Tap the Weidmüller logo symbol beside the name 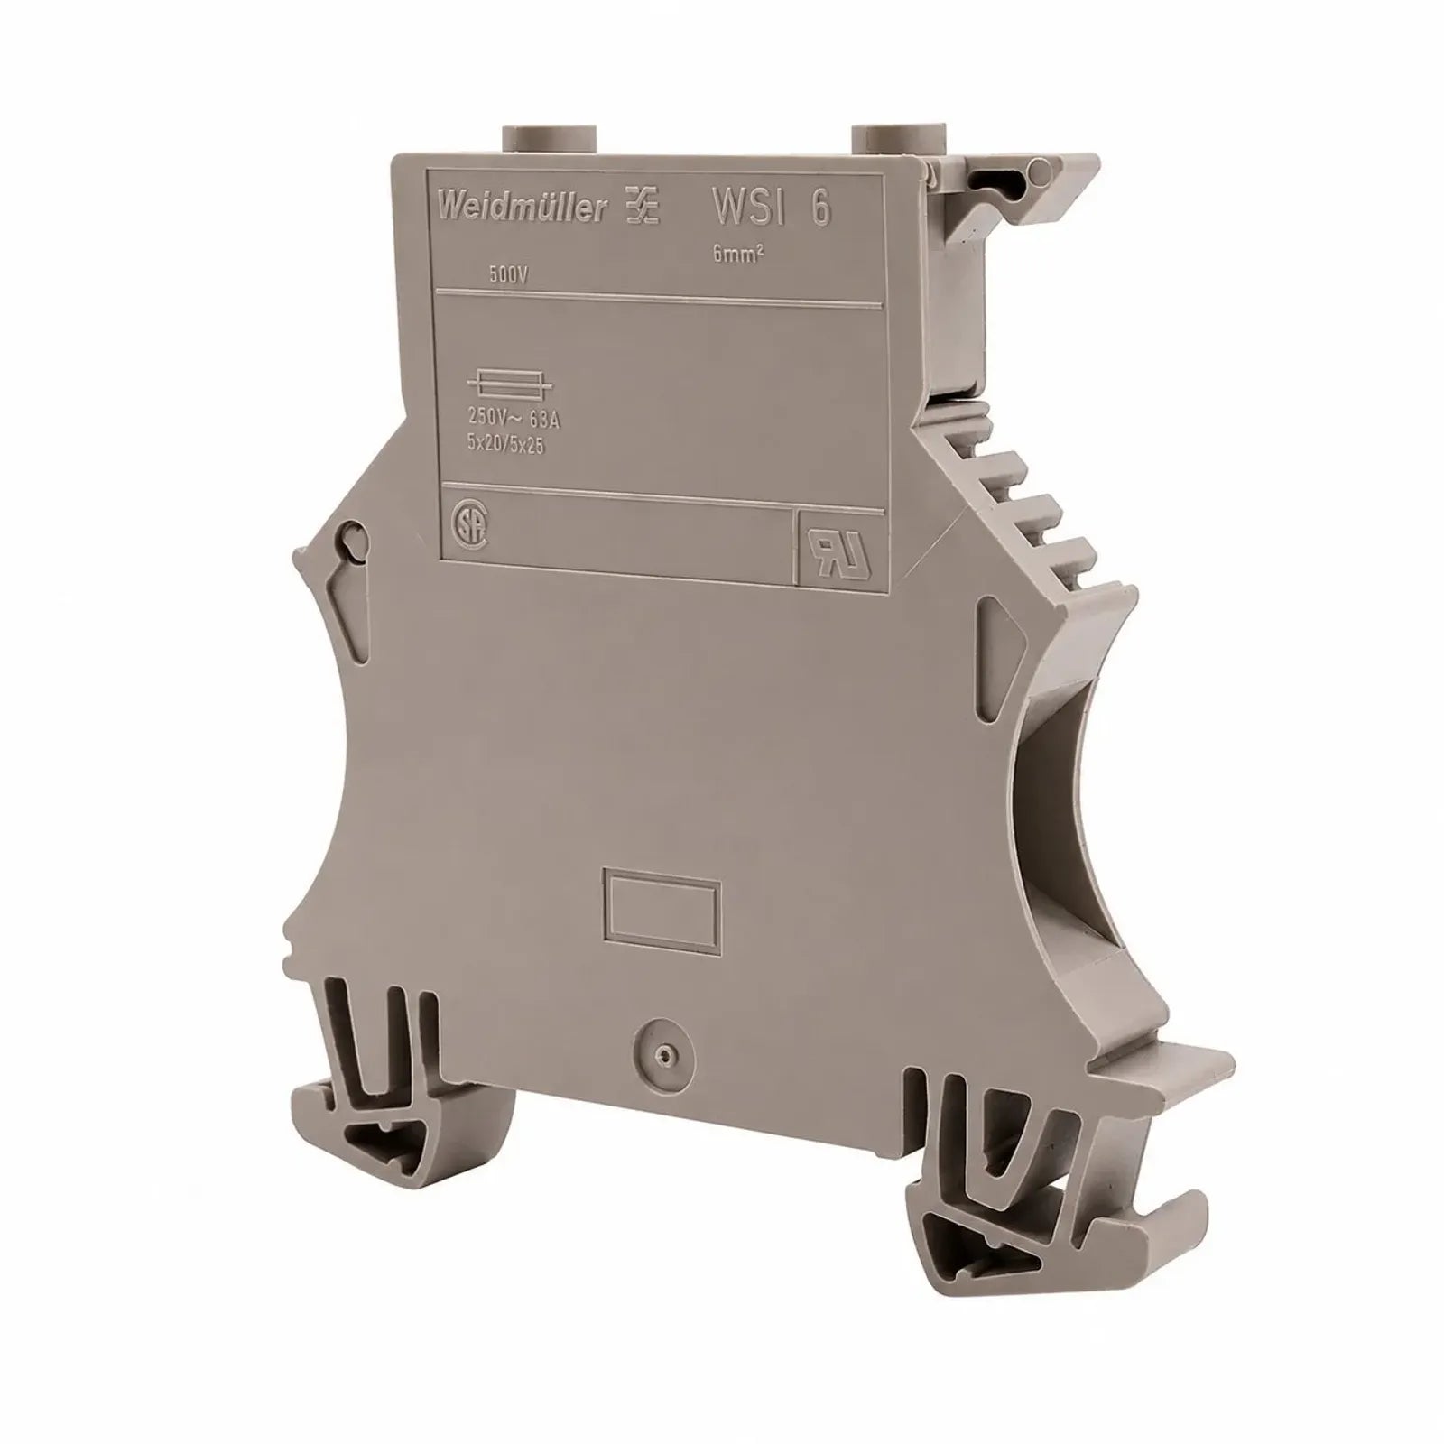coord(642,210)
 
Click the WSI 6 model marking coord(772,208)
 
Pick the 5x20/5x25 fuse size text coord(505,443)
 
